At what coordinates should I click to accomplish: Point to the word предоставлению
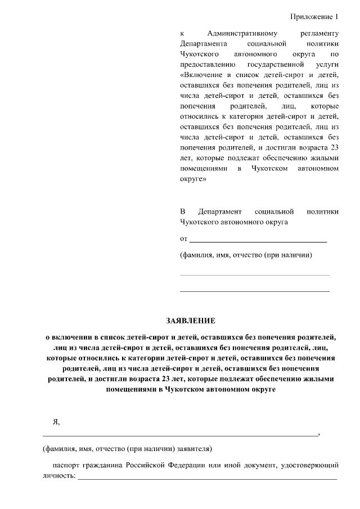[206, 65]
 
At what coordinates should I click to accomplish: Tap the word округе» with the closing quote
[193, 180]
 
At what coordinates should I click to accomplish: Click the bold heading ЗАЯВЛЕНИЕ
[190, 321]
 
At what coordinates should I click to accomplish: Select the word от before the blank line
[183, 239]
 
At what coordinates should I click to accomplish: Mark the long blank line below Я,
[180, 435]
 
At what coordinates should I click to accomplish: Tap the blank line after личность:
[207, 478]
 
